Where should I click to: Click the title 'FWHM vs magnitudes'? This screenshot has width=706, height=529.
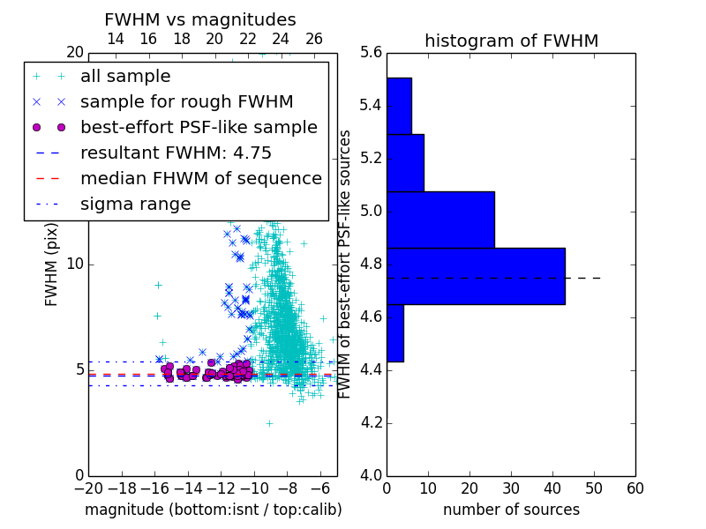(x=200, y=19)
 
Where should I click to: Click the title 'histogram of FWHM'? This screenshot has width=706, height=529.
(x=512, y=41)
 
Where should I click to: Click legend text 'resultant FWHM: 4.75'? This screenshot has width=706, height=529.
(x=176, y=153)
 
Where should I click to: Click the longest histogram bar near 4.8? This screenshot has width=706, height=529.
(x=476, y=276)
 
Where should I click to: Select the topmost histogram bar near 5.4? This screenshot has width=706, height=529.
(x=400, y=106)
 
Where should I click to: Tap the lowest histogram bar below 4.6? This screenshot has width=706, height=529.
(x=395, y=333)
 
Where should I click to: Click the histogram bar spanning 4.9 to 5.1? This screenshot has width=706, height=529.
(x=440, y=220)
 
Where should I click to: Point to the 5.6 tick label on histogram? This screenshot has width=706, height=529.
(x=371, y=53)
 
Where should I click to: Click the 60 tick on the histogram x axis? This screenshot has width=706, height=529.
(x=635, y=488)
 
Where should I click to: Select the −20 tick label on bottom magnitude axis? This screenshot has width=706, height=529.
(x=89, y=488)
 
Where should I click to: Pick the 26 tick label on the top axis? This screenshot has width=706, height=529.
(x=314, y=39)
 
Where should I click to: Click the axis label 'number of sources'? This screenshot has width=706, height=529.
(x=512, y=510)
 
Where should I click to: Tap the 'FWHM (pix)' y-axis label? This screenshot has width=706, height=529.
(x=51, y=264)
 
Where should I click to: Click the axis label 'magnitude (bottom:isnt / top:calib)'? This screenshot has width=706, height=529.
(x=214, y=510)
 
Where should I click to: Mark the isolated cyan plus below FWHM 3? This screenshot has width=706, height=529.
(x=270, y=424)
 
